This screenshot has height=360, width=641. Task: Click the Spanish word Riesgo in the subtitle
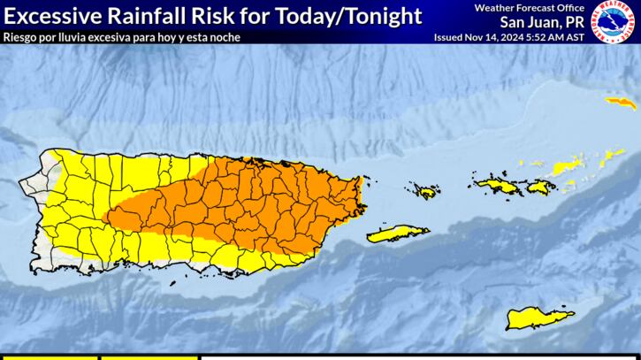[21, 37]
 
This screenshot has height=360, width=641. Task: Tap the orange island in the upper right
[621, 103]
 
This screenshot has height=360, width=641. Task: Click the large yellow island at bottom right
[539, 317]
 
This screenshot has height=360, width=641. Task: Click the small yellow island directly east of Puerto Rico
[424, 191]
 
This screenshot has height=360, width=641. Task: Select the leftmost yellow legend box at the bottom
[49, 357]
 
